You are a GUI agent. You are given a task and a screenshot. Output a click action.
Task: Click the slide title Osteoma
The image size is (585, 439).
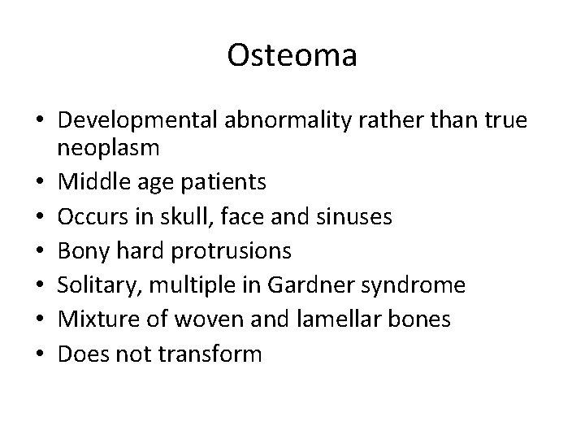(x=292, y=55)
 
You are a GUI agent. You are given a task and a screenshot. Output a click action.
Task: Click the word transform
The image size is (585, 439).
(x=219, y=354)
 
